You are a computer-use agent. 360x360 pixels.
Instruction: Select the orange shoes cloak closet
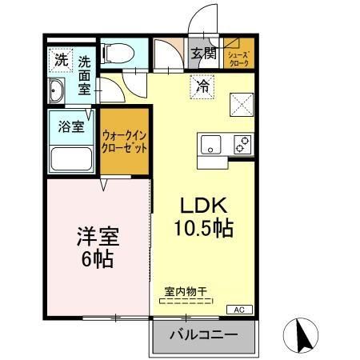(238, 55)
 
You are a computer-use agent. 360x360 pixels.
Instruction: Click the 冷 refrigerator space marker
(202, 86)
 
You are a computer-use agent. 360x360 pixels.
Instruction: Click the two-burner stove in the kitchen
(242, 144)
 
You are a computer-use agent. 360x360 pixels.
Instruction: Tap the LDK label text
(203, 206)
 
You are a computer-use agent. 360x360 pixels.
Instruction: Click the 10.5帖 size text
(203, 229)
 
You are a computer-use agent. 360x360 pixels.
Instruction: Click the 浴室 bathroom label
(71, 126)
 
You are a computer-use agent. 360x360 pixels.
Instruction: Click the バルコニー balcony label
(204, 335)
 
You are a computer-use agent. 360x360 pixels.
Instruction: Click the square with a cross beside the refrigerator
(241, 102)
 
